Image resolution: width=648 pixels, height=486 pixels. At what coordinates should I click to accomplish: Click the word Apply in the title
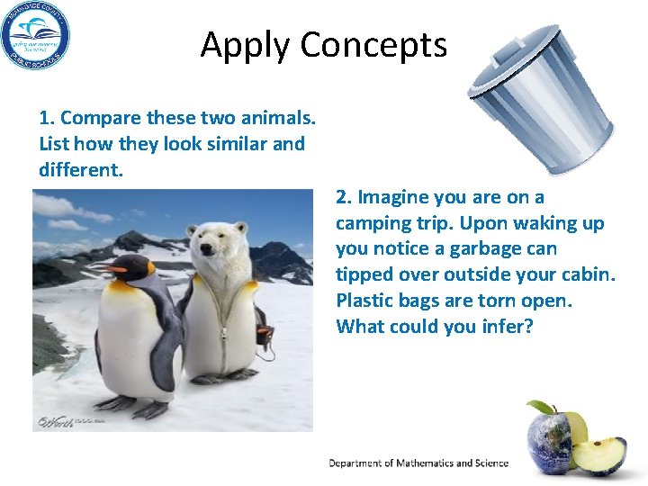tap(246, 45)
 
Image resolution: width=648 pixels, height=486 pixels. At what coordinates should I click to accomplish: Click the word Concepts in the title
tap(374, 44)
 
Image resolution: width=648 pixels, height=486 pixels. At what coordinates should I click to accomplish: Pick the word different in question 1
tap(79, 169)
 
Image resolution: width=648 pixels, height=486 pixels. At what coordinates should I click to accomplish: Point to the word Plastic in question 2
tap(364, 300)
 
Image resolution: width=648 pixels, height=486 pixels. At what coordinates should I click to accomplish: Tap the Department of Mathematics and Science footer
tap(418, 463)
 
